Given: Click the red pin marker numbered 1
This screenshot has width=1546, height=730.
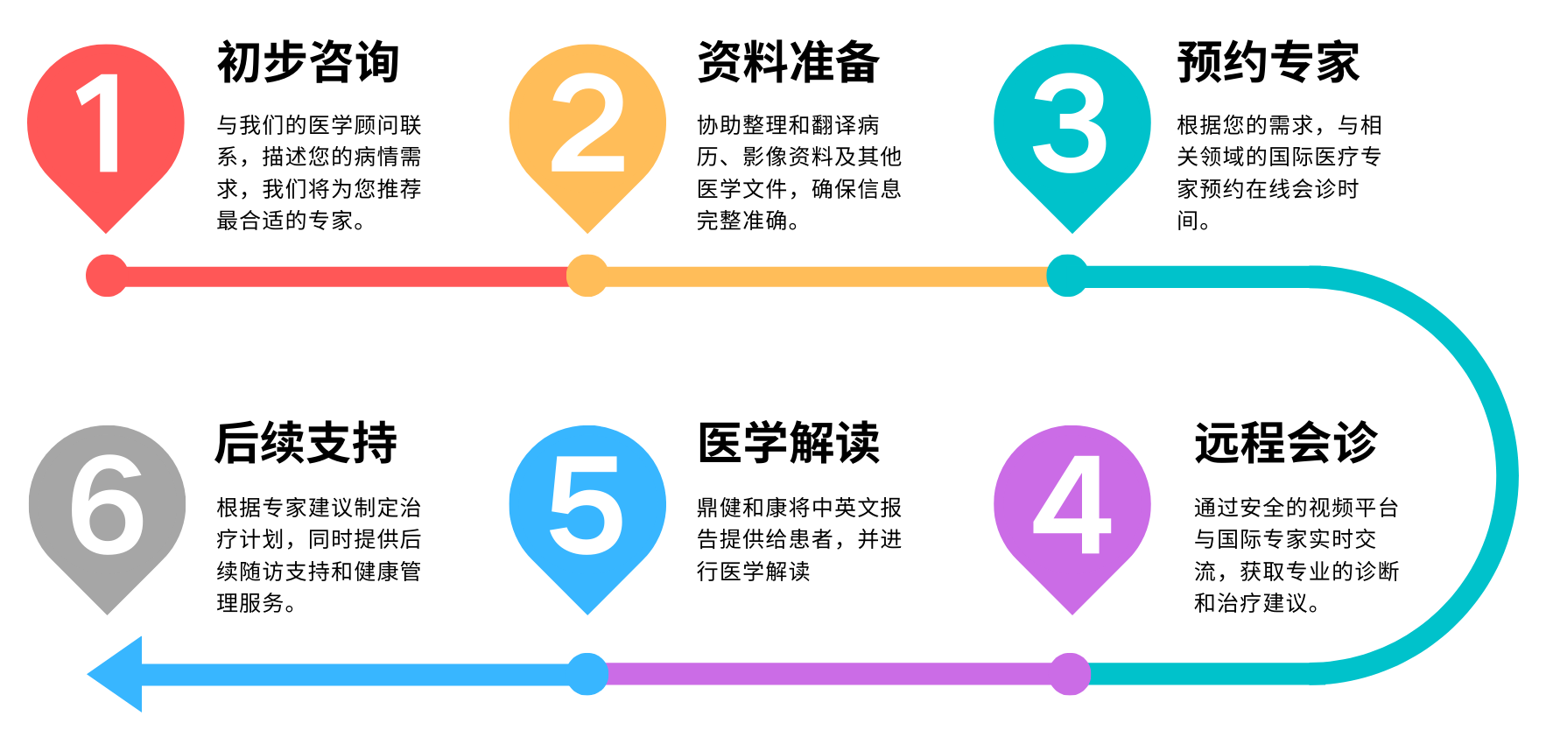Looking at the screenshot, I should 106,127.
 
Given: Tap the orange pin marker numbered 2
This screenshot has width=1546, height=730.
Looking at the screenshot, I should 587,127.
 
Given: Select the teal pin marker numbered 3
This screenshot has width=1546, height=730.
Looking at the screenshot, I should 1072,127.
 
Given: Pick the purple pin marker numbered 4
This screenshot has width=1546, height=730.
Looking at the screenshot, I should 1072,508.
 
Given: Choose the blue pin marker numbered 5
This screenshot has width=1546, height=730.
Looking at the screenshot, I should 587,508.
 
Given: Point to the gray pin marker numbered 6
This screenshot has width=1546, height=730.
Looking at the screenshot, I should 107,508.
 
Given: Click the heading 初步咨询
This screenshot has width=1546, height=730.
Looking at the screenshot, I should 308,62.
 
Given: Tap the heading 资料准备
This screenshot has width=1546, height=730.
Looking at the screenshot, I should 788,62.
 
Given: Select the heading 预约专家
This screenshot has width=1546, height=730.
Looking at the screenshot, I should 1268,62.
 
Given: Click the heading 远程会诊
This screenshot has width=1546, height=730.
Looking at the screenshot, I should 1286,443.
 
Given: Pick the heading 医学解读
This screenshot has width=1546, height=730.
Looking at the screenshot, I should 788,443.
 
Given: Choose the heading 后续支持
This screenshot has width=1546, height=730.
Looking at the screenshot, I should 306,443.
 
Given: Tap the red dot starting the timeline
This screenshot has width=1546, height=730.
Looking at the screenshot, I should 107,276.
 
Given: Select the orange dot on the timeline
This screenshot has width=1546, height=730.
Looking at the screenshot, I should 587,276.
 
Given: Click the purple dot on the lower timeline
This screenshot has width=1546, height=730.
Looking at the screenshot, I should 1069,674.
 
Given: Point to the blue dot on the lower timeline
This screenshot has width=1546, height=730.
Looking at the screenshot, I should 587,674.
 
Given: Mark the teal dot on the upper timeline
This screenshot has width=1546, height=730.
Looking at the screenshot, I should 1067,276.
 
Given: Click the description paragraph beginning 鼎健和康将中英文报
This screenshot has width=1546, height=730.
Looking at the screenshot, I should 798,539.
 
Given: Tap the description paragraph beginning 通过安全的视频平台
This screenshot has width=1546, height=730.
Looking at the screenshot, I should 1296,555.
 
